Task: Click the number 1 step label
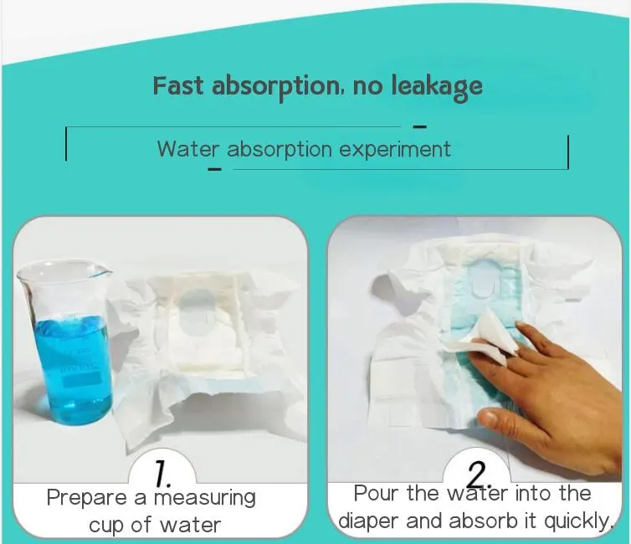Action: [x=165, y=474]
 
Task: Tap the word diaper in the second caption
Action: [x=368, y=521]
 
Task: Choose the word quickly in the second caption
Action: [x=577, y=521]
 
